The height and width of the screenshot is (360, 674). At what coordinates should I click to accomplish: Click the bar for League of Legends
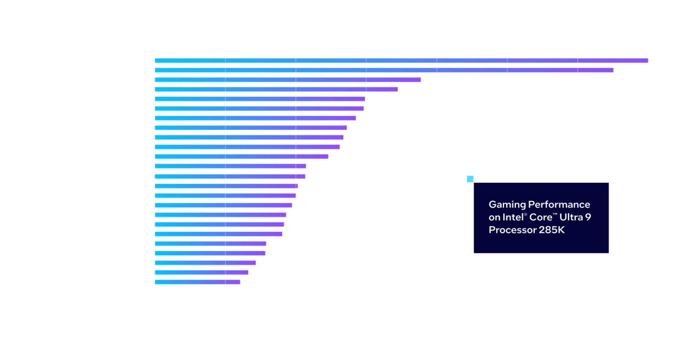pos(288,80)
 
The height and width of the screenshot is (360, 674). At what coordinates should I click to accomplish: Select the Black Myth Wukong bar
pos(197,282)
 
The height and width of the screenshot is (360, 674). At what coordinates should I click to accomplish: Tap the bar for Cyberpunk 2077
pos(220,215)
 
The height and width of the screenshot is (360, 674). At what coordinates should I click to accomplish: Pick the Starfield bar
pos(202,272)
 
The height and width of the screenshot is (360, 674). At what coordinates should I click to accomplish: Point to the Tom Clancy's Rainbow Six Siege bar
pos(384,70)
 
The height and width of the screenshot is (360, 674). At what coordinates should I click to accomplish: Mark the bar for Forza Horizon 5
pos(259,108)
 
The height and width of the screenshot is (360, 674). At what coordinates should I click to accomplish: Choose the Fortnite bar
pos(219,234)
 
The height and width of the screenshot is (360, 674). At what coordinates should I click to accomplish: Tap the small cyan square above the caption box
pos(470,179)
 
